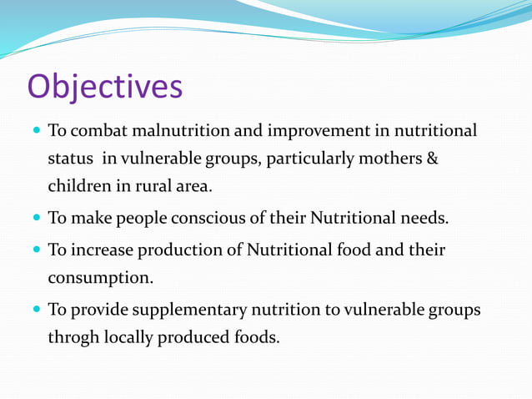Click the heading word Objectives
click(x=105, y=86)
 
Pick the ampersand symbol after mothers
click(x=432, y=158)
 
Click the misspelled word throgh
click(x=73, y=337)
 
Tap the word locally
click(x=133, y=337)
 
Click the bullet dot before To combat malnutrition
click(x=36, y=132)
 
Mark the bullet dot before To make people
click(x=36, y=220)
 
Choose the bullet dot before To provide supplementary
click(x=36, y=311)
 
